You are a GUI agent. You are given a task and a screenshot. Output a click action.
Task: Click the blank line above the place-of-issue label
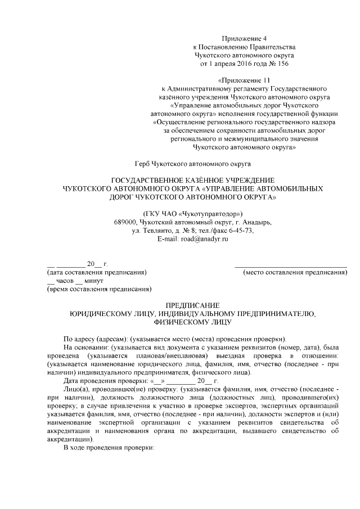click(290, 264)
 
